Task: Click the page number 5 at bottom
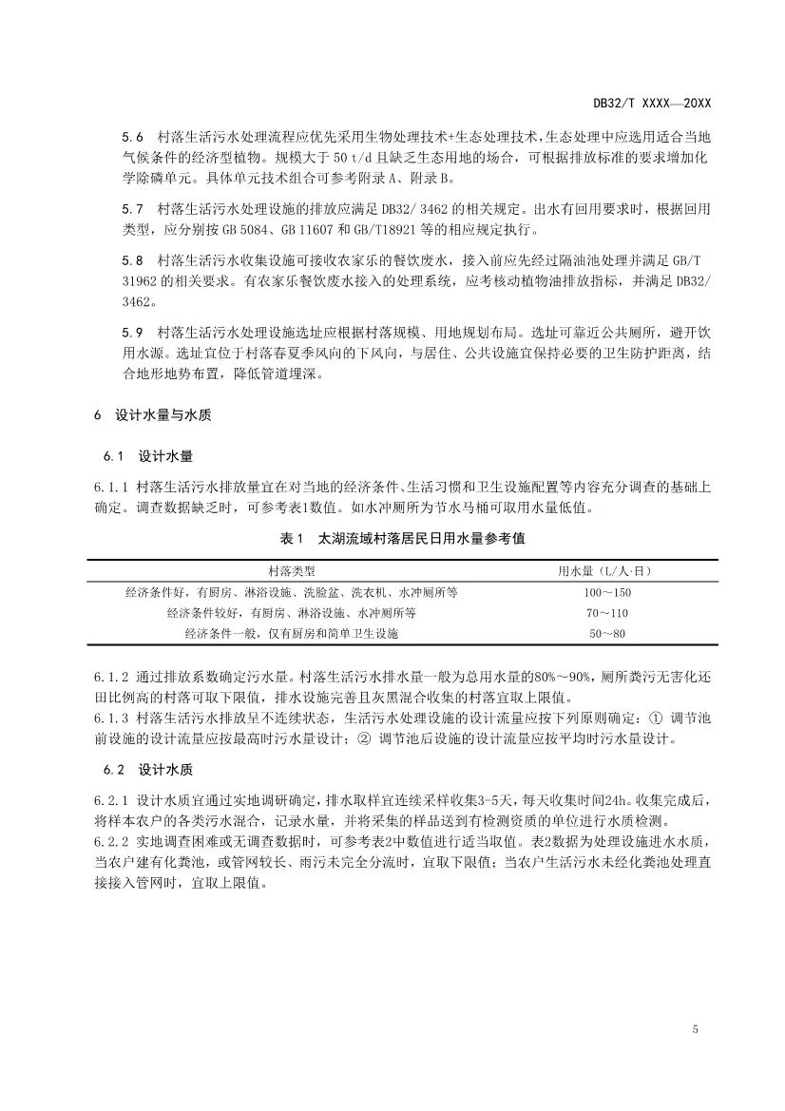tap(696, 1030)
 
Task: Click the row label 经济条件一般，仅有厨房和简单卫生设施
tap(292, 633)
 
